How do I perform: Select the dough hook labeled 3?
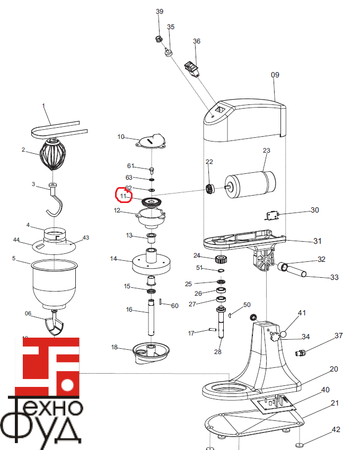54,204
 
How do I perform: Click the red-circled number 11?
124,196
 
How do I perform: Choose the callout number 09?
275,75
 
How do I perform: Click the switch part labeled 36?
191,68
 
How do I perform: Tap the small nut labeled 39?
157,39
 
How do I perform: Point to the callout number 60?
174,306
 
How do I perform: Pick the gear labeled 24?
221,260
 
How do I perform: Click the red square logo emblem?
47,366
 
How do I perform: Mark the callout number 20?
333,369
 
